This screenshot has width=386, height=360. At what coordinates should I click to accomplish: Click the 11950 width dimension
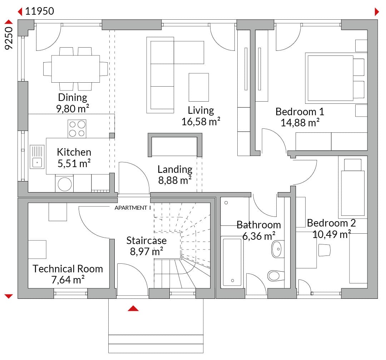(x=39, y=11)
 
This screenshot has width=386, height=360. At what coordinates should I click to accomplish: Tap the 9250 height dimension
(x=9, y=38)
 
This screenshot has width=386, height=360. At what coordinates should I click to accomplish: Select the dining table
(x=75, y=69)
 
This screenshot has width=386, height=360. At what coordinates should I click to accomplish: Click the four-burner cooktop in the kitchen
(x=77, y=128)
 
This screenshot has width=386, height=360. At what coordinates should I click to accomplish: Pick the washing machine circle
(x=64, y=184)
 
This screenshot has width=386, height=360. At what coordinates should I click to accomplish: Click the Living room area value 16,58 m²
(x=201, y=122)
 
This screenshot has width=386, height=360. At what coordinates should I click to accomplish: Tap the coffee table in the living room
(x=199, y=87)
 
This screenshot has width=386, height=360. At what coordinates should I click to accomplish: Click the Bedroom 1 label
(x=300, y=112)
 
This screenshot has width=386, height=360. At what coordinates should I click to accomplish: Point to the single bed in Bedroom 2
(x=352, y=187)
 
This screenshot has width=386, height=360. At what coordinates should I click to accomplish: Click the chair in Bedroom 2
(x=324, y=250)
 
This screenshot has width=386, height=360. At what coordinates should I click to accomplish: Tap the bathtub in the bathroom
(x=232, y=262)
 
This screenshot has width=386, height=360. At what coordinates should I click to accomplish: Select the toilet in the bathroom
(x=276, y=276)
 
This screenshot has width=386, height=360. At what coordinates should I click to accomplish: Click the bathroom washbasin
(x=278, y=249)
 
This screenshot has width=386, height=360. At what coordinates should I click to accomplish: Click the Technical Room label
(x=68, y=269)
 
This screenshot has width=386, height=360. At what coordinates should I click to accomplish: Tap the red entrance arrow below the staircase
(x=133, y=308)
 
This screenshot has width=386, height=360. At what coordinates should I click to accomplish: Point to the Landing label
(x=175, y=169)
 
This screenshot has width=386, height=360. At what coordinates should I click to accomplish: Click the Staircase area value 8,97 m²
(x=147, y=252)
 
